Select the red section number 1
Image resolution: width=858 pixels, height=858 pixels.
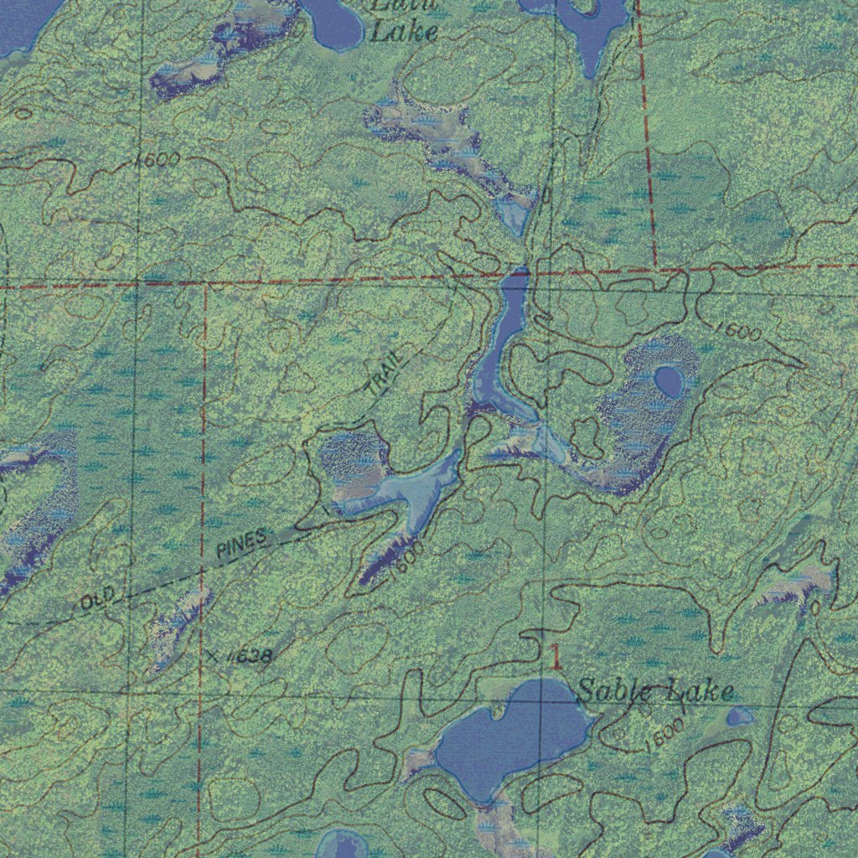click(556, 657)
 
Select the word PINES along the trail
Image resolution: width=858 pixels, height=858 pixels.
click(241, 544)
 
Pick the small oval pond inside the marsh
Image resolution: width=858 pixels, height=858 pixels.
click(668, 382)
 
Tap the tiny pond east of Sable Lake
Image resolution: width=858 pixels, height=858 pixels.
click(740, 716)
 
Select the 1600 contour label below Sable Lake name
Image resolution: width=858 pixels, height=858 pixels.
click(665, 733)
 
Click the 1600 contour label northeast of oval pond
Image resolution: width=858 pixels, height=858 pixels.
click(738, 331)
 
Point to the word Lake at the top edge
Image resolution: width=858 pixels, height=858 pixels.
click(404, 33)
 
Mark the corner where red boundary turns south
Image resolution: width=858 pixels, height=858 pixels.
click(205, 282)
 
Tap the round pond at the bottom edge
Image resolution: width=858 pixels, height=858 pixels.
click(344, 845)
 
